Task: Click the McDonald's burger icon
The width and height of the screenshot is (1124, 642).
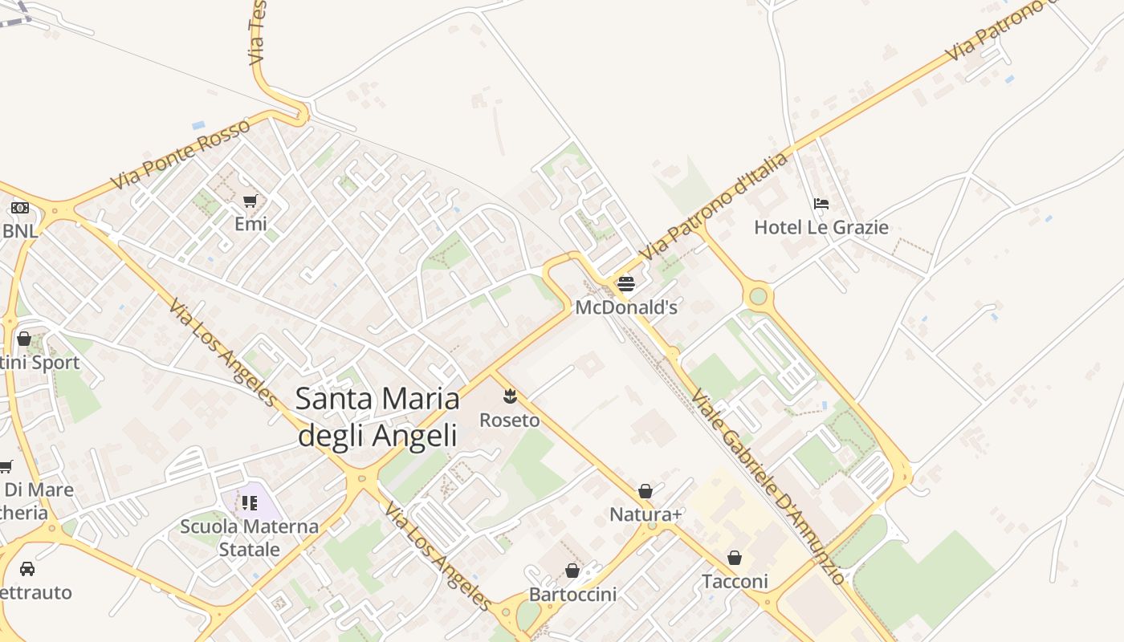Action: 626,284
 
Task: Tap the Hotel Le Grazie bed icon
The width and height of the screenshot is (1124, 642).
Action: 821,204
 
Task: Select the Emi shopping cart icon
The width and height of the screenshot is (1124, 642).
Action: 250,201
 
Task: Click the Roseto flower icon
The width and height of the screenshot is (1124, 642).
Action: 510,396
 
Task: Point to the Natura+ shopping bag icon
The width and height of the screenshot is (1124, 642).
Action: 645,491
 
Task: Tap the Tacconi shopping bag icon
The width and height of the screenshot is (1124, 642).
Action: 735,558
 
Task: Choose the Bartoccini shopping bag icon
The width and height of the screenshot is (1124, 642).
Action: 572,571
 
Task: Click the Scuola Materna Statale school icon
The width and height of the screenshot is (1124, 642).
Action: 250,503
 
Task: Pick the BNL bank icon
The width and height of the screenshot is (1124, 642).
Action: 20,208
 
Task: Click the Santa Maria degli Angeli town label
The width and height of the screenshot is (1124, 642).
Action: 377,416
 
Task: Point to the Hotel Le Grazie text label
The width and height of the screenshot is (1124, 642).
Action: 821,227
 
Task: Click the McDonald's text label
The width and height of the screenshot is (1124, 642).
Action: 626,307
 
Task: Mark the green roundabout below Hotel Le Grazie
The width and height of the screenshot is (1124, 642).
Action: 758,296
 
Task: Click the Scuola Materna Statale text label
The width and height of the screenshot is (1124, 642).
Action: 250,538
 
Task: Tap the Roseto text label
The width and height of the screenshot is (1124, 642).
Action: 510,420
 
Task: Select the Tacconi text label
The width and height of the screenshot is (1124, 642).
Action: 735,581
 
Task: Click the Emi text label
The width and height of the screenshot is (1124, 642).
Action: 250,224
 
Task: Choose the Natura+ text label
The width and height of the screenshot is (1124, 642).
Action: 645,514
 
